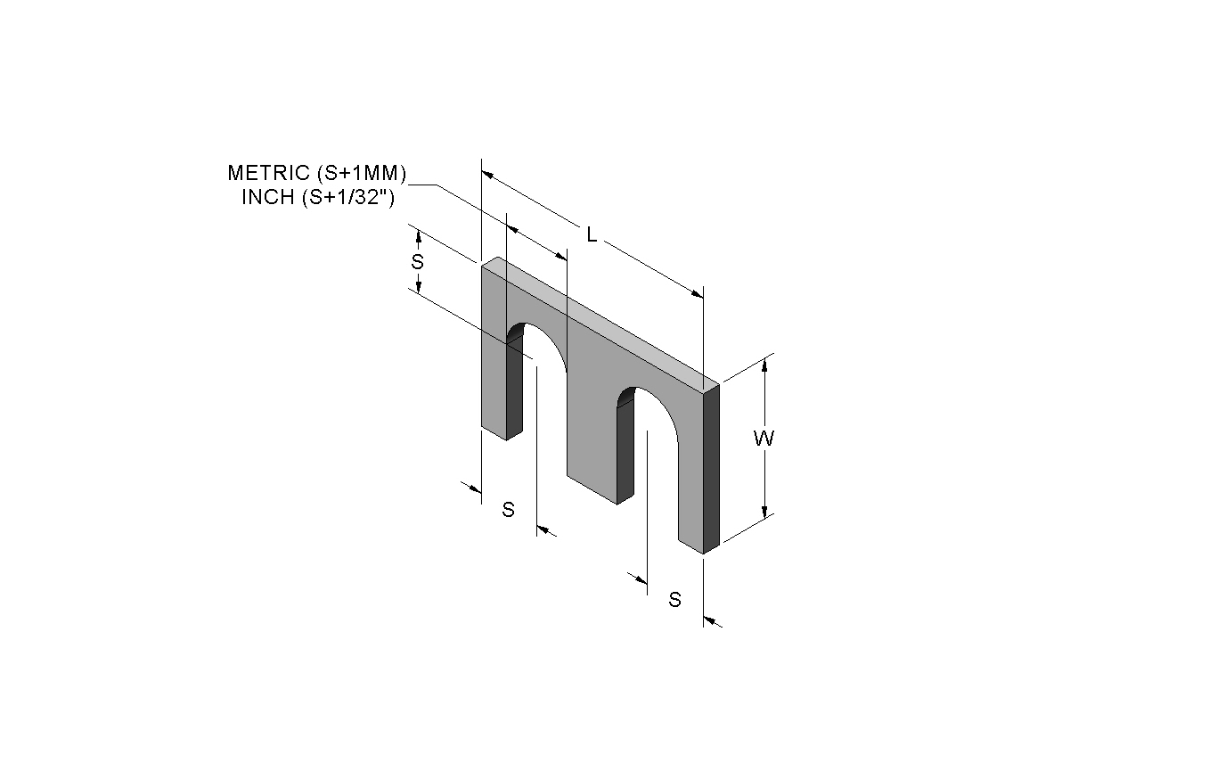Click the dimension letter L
[x=592, y=235]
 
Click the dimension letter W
[x=764, y=438]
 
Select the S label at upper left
[x=417, y=261]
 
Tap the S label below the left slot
[x=508, y=509]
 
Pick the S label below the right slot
[x=674, y=599]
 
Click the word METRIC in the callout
[x=268, y=173]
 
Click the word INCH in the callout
[x=267, y=197]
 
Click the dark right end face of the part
[x=711, y=469]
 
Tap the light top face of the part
[x=600, y=321]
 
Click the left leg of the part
[x=494, y=389]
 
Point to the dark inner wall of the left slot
[x=515, y=386]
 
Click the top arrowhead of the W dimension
[x=764, y=365]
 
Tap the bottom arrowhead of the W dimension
[x=764, y=511]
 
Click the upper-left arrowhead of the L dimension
[x=487, y=175]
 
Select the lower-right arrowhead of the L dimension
[x=698, y=294]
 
